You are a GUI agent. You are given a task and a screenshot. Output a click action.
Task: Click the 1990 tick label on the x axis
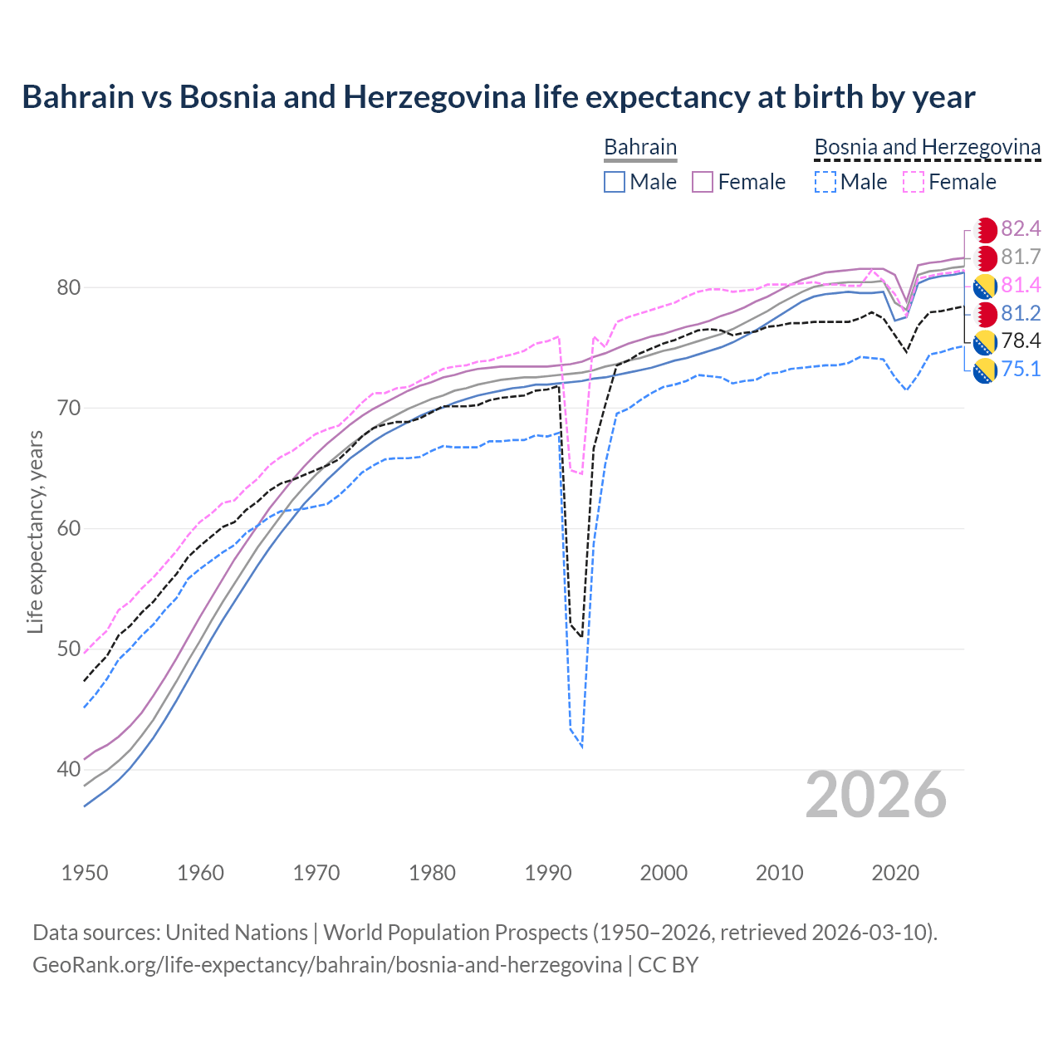click(x=548, y=873)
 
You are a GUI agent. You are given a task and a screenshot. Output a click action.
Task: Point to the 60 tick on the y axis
click(x=69, y=529)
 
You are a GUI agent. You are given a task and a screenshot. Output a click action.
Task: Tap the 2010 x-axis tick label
click(x=779, y=873)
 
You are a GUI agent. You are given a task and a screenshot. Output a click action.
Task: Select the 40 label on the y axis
click(x=69, y=770)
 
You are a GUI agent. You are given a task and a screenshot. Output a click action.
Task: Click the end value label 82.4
click(x=1021, y=229)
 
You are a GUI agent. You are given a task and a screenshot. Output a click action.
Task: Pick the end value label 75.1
click(x=1021, y=369)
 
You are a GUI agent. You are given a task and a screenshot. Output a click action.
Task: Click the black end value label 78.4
click(x=1021, y=341)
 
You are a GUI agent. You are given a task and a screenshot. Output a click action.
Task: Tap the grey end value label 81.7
click(x=1021, y=257)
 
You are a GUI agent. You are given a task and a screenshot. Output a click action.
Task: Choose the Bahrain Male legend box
click(x=615, y=182)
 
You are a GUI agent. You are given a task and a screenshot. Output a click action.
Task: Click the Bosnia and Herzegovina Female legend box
click(x=913, y=182)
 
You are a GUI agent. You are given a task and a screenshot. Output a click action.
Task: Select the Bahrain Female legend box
click(x=703, y=182)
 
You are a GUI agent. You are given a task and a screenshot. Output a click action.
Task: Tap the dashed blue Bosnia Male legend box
click(x=825, y=182)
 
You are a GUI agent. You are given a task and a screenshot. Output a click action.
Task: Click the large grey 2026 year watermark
click(x=875, y=795)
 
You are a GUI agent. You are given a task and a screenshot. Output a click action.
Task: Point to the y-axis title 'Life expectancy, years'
click(x=35, y=531)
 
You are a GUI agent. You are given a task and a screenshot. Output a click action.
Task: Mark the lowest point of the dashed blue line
click(x=581, y=747)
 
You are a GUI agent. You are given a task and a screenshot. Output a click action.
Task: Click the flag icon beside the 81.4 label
click(x=985, y=287)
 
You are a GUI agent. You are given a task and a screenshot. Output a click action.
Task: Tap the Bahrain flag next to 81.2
click(x=985, y=314)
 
